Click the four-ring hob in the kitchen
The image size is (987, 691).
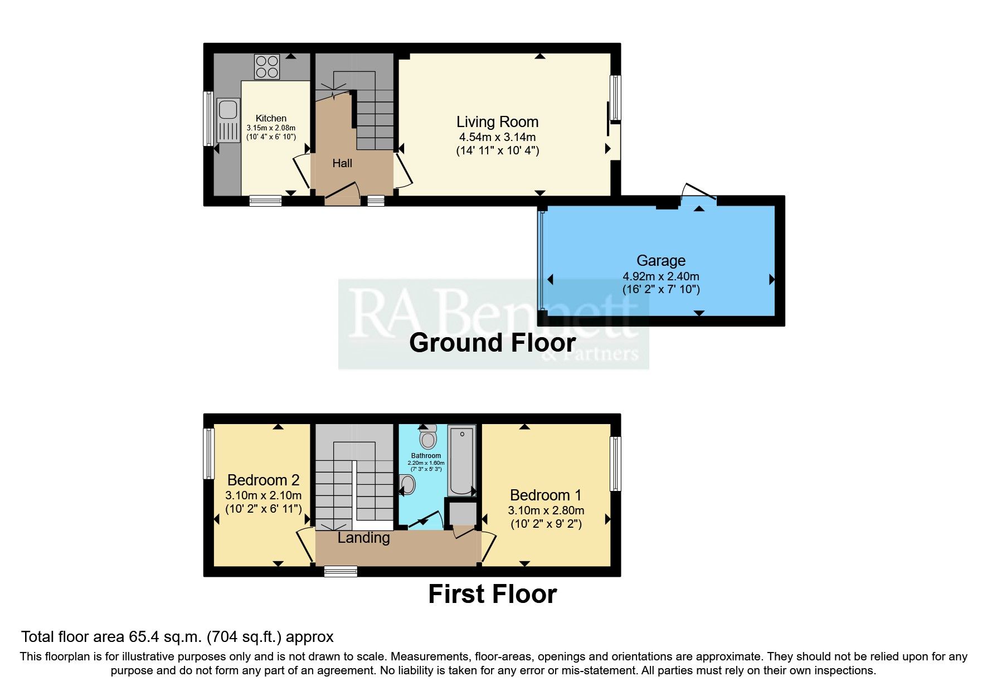[267, 67]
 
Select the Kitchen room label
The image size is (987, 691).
[271, 118]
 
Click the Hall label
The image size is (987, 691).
[342, 163]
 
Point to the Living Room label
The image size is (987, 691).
[497, 122]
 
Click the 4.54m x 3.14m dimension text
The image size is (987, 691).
[497, 137]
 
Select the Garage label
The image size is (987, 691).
[661, 261]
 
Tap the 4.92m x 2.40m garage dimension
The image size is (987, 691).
[661, 276]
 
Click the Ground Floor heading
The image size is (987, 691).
[492, 343]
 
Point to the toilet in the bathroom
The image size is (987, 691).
[428, 437]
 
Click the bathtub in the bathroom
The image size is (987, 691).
[462, 460]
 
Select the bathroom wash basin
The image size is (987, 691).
[408, 485]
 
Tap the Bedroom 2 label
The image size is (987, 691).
[263, 480]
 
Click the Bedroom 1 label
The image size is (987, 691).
[546, 495]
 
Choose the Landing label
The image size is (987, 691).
[363, 538]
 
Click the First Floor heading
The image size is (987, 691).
[492, 594]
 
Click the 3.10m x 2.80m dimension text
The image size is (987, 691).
[546, 510]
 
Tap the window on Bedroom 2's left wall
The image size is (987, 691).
[209, 453]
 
